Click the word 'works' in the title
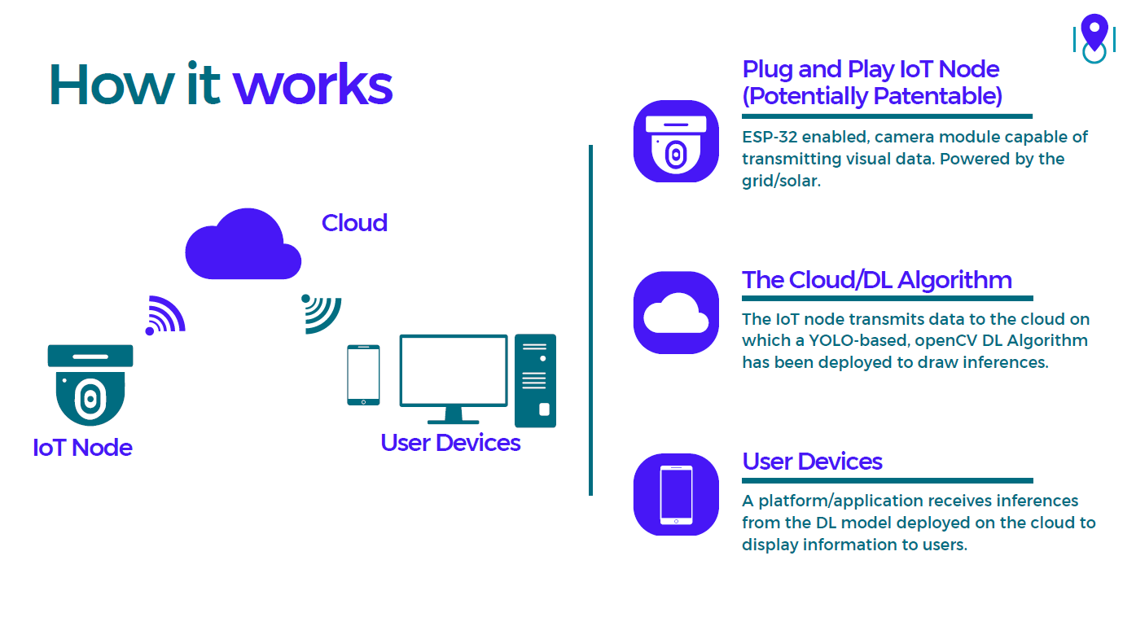coord(314,84)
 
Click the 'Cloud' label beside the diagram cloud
coord(354,223)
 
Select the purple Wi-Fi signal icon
coord(166,316)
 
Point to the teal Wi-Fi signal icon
coord(321,313)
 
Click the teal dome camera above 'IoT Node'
coord(90,384)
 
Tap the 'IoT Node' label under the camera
coord(82,447)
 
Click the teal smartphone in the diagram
coord(363,375)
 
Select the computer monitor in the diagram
coord(454,375)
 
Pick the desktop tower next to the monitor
coord(535,380)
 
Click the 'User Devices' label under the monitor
coord(450,443)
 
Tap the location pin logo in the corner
coord(1093,38)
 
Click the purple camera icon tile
coord(676,141)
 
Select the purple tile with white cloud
coord(676,313)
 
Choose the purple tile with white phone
coord(676,494)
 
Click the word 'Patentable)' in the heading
coord(937,96)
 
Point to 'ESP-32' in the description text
coord(769,137)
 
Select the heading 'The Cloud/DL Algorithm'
coord(876,280)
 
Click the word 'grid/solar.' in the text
coord(781,181)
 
